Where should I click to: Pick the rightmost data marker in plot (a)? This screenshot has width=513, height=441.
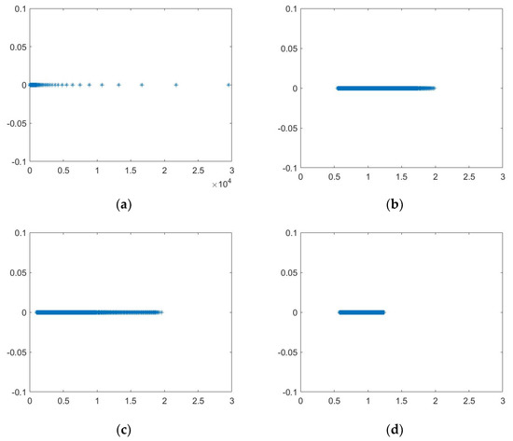coord(229,85)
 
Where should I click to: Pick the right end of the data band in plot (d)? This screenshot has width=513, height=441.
coord(382,312)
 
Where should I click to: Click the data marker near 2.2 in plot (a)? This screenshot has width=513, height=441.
coord(176,85)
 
